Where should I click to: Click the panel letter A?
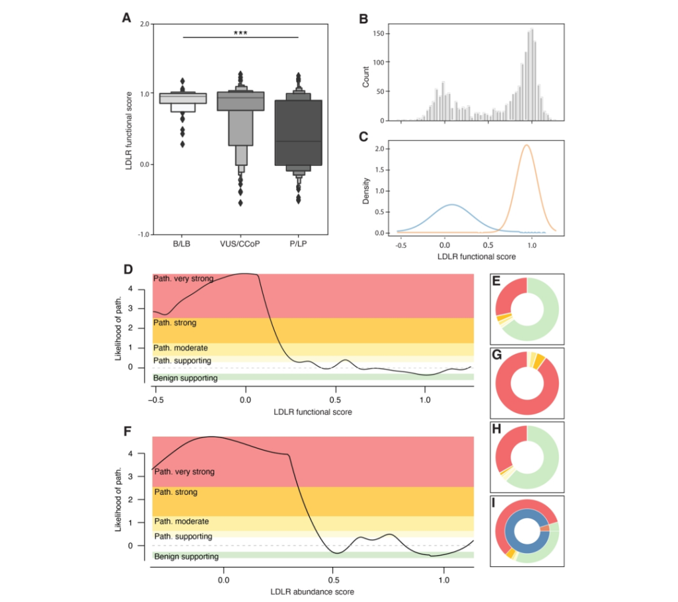126,18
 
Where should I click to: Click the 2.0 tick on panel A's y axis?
145,24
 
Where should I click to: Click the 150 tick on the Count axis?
378,32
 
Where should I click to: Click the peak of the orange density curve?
526,145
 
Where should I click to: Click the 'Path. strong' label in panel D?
175,323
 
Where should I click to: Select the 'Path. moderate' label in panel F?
181,521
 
